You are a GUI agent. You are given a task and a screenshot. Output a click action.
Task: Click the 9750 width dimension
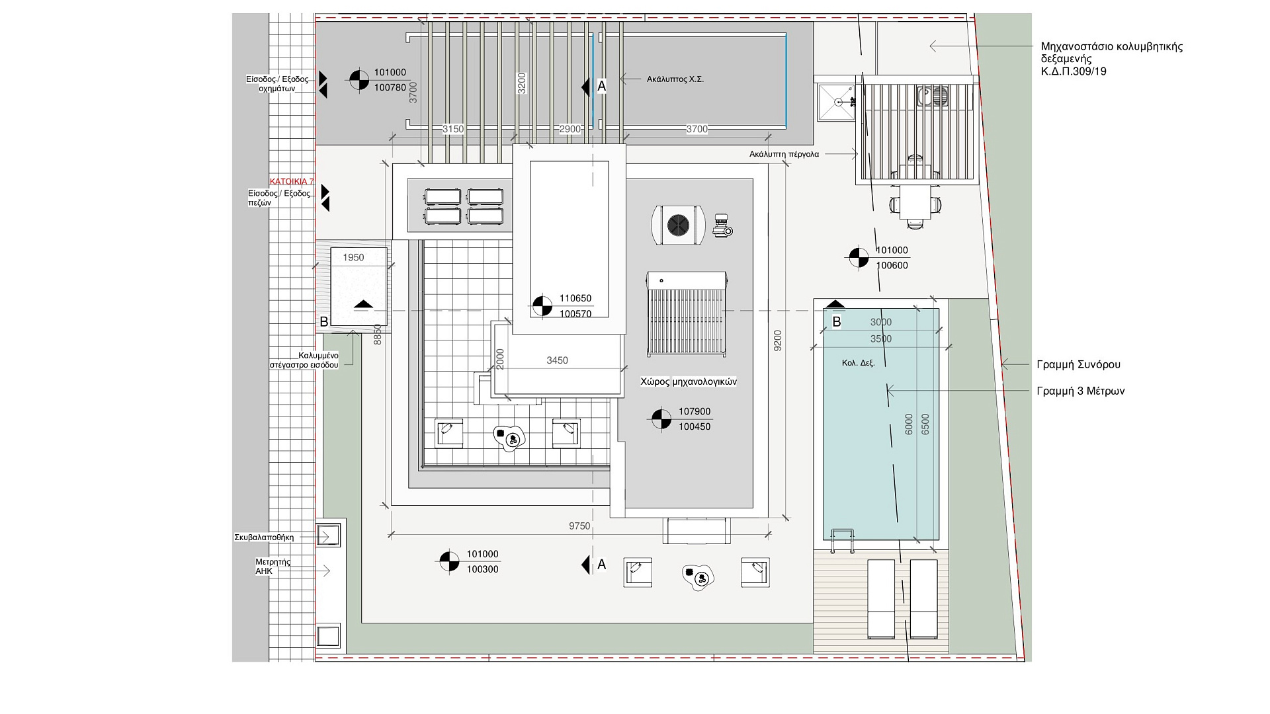pyautogui.click(x=579, y=526)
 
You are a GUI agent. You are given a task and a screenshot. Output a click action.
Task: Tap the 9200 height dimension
pyautogui.click(x=778, y=340)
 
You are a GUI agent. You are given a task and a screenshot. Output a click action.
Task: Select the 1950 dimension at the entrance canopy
pyautogui.click(x=353, y=258)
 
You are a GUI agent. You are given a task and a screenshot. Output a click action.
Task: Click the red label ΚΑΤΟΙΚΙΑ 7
pyautogui.click(x=292, y=181)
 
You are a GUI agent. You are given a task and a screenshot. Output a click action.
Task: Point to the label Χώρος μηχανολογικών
pyautogui.click(x=689, y=381)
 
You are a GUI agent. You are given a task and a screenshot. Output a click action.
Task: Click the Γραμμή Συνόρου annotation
pyautogui.click(x=1078, y=364)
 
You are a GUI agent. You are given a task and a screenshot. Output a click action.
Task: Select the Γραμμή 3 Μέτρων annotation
pyautogui.click(x=1081, y=391)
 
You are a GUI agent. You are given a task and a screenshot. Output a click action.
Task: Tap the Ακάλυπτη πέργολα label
pyautogui.click(x=784, y=154)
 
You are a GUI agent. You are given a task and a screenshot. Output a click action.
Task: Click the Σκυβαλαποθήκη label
pyautogui.click(x=264, y=537)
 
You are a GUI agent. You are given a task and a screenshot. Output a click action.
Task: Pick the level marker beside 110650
pyautogui.click(x=542, y=306)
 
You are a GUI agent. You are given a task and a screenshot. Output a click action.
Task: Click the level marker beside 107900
pyautogui.click(x=661, y=419)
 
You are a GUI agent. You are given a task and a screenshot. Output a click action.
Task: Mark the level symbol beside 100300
pyautogui.click(x=449, y=562)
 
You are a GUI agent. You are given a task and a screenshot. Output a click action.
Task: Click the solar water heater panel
pyautogui.click(x=687, y=314)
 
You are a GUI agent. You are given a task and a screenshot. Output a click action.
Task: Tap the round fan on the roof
pyautogui.click(x=678, y=225)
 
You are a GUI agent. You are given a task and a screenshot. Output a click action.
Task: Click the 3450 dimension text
pyautogui.click(x=557, y=360)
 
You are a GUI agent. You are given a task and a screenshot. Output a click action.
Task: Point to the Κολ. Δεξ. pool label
pyautogui.click(x=858, y=363)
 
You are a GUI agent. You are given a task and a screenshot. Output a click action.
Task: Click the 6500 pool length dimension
pyautogui.click(x=925, y=424)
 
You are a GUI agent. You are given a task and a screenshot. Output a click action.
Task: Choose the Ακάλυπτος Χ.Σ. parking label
pyautogui.click(x=675, y=79)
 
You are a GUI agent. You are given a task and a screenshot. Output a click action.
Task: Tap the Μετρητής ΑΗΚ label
pyautogui.click(x=273, y=567)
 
